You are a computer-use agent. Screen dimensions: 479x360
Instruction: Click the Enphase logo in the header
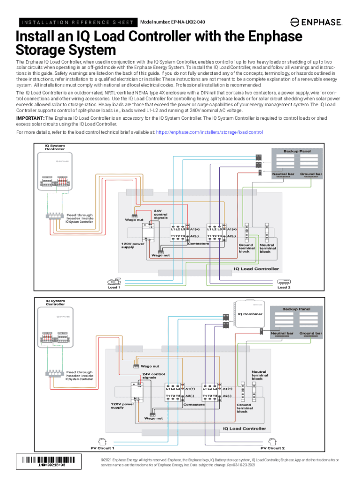point(316,22)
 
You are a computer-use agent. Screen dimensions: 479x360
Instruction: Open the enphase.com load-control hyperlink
point(209,133)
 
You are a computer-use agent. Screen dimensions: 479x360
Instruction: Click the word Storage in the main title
point(39,50)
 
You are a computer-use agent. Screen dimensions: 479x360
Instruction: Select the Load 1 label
point(114,287)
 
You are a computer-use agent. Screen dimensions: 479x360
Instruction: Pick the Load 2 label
point(284,287)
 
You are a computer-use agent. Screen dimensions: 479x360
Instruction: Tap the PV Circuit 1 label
point(102,448)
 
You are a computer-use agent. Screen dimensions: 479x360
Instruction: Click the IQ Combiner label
point(250,314)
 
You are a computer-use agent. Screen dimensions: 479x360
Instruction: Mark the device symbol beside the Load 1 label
point(114,282)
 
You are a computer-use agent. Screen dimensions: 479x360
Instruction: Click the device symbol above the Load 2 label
point(284,282)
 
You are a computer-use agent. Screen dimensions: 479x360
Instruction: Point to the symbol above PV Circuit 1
point(101,441)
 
